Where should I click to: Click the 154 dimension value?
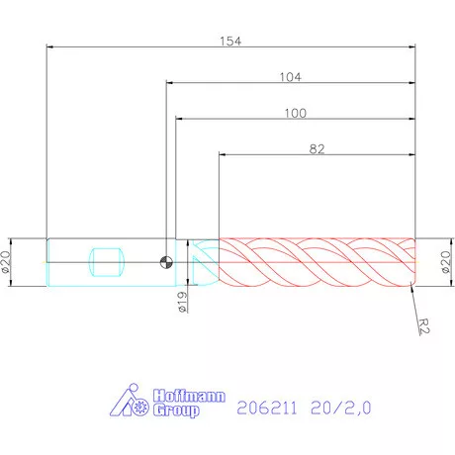click(231, 41)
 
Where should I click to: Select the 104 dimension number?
click(291, 76)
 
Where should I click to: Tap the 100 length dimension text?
click(295, 113)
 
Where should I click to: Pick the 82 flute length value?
click(317, 148)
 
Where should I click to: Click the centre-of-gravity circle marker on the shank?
click(167, 262)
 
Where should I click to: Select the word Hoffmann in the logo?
click(188, 394)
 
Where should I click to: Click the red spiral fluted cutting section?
click(317, 262)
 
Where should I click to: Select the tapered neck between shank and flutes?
click(203, 262)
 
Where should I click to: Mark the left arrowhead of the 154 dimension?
click(50, 46)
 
